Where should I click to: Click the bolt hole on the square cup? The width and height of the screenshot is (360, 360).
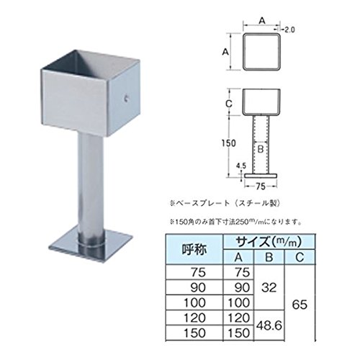click(x=126, y=98)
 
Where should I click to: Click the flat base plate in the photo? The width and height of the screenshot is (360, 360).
click(x=91, y=246)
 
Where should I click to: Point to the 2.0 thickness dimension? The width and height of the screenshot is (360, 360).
click(x=289, y=30)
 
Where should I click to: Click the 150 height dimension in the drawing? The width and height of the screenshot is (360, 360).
click(x=228, y=143)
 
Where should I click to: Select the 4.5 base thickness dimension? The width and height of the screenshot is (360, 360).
click(x=241, y=166)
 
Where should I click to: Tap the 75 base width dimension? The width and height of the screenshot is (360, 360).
click(x=261, y=186)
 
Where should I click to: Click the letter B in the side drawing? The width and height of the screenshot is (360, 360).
click(x=261, y=149)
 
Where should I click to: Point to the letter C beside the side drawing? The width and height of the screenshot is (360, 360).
click(x=229, y=104)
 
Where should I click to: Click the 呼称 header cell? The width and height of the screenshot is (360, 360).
click(x=194, y=250)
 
